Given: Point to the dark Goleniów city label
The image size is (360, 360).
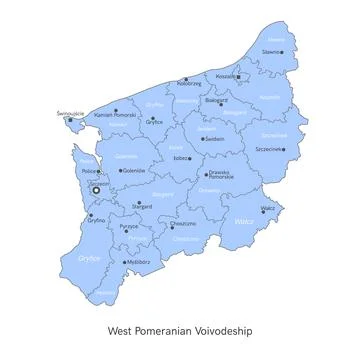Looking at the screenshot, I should click(133, 171).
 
